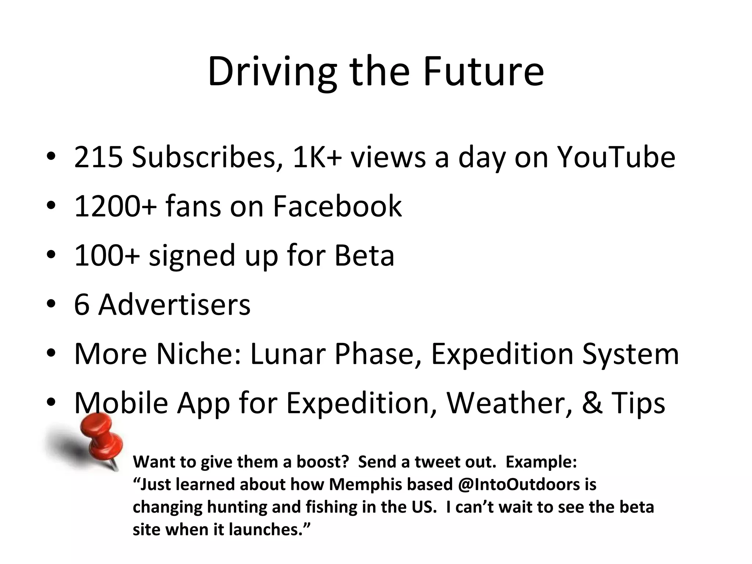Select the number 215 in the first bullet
pyautogui.click(x=98, y=157)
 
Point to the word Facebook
pyautogui.click(x=337, y=206)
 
